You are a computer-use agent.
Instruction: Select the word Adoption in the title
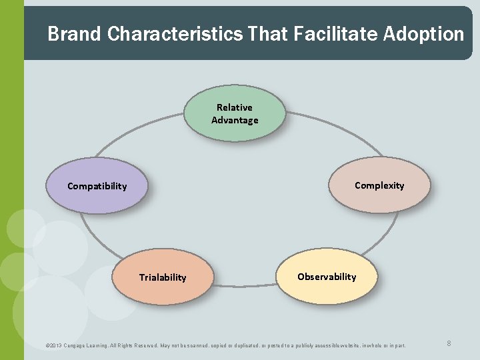(424, 34)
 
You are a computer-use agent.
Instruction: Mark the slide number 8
(449, 343)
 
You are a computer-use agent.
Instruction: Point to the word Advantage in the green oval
(235, 120)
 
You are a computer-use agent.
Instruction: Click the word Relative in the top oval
(235, 107)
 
